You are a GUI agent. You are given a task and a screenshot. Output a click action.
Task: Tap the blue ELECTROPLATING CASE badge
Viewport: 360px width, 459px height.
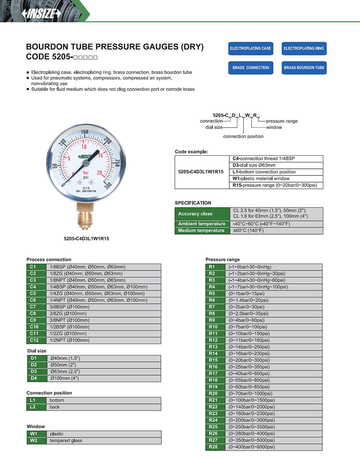pos(250,48)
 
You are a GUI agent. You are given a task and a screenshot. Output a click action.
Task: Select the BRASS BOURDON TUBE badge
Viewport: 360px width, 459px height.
pos(304,68)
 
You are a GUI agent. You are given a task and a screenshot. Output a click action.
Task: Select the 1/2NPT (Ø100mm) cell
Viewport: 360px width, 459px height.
pos(104,340)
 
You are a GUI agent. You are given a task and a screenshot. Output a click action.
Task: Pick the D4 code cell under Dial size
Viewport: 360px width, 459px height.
pos(34,378)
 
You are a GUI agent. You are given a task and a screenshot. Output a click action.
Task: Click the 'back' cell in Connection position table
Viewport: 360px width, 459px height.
pos(104,407)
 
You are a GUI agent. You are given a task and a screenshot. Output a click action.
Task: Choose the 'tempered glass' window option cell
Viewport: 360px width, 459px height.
pos(104,441)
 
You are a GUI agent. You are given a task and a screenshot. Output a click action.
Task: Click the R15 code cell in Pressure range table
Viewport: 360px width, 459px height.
pos(213,360)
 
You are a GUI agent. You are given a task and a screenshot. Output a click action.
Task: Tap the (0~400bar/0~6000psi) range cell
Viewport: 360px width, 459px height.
pos(274,447)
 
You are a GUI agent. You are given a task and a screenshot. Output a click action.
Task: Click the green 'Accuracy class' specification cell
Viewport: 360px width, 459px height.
pos(202,214)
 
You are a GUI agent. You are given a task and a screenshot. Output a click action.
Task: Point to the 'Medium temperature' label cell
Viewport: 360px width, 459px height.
pos(202,231)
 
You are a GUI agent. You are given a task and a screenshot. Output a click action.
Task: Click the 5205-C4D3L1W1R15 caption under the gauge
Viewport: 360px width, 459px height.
pos(86,239)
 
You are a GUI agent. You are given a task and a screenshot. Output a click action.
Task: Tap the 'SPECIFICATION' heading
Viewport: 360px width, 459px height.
pos(193,203)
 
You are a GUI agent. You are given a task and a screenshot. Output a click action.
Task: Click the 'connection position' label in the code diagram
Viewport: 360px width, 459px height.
pos(243,136)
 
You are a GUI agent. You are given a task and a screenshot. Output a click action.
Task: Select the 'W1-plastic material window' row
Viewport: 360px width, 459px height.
pos(276,178)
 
